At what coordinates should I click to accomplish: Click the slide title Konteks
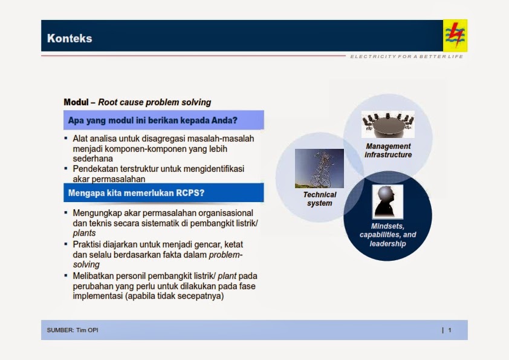click(70, 39)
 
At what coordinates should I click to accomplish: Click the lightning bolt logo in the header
click(455, 36)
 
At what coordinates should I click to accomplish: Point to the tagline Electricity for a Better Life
click(406, 57)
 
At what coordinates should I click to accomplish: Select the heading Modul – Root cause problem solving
click(137, 102)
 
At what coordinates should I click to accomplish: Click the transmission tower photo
click(319, 169)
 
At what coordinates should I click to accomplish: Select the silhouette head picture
click(387, 201)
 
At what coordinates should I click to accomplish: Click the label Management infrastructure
click(388, 151)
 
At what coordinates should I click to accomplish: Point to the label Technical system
click(319, 199)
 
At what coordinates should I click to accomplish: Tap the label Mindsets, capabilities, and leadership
click(387, 235)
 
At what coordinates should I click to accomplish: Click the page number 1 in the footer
click(449, 330)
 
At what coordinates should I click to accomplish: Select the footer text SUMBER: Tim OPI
click(73, 330)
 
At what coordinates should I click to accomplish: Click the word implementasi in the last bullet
click(97, 296)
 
